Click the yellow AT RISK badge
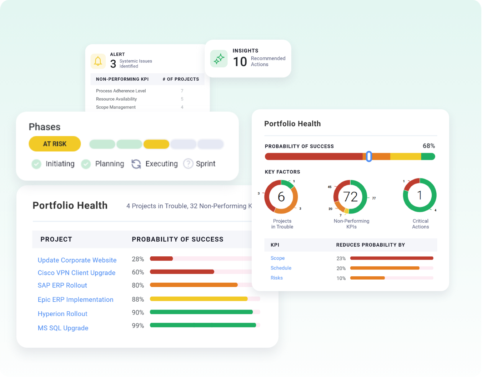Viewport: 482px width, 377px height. (x=55, y=144)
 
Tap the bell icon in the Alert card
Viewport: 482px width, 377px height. (x=98, y=61)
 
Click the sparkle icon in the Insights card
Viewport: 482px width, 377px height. (x=219, y=59)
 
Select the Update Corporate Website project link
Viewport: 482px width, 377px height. (x=77, y=260)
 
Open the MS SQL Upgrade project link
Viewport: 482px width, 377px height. (x=63, y=328)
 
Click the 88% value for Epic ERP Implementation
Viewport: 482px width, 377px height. (x=138, y=299)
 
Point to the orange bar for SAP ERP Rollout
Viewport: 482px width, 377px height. (x=194, y=285)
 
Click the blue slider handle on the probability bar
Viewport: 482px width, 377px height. (x=369, y=156)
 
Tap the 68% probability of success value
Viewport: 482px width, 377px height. (x=428, y=146)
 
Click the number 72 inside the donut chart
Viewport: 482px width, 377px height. (x=350, y=197)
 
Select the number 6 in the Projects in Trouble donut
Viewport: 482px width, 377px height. (x=281, y=197)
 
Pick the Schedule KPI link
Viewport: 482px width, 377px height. (x=281, y=268)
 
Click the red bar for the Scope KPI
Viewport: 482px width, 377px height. (x=391, y=258)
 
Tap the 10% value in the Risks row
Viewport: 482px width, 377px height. (x=341, y=278)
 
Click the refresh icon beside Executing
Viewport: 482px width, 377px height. (x=136, y=164)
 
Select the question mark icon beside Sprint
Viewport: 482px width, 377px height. (x=188, y=164)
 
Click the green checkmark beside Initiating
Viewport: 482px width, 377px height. (x=36, y=164)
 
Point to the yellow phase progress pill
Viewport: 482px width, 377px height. (x=156, y=144)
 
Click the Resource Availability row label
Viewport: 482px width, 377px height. (x=116, y=99)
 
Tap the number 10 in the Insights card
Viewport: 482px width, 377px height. (x=240, y=62)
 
